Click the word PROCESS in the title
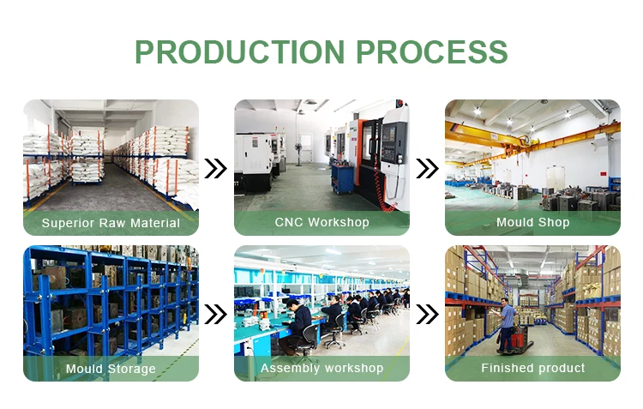432,51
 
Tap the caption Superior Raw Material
111,223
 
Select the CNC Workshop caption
321,222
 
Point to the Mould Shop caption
532,222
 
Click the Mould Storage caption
111,369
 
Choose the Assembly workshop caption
321,368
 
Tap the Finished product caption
532,368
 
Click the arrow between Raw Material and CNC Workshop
216,168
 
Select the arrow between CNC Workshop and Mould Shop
427,168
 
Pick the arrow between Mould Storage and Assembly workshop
216,314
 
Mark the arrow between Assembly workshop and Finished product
427,314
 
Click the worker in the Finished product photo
508,322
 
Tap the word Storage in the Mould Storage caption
132,369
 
